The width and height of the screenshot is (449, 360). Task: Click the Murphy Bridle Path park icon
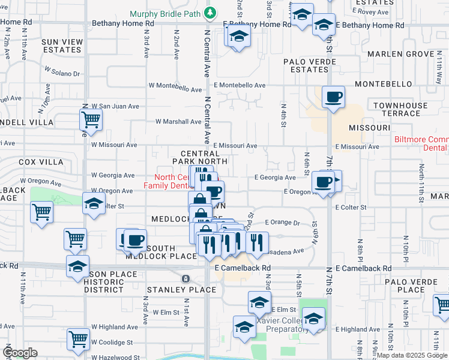(210, 12)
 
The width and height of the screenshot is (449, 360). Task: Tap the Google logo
(20, 353)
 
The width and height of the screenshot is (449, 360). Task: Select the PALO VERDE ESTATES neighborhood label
(310, 65)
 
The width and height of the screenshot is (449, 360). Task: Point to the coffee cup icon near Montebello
(333, 97)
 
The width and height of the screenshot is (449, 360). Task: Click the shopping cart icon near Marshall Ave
(91, 119)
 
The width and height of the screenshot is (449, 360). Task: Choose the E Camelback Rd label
(243, 268)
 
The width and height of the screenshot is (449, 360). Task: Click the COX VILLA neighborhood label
(41, 162)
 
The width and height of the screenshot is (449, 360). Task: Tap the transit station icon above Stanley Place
(185, 279)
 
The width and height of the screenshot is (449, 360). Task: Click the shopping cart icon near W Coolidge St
(78, 339)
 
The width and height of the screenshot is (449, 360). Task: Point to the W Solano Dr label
(62, 71)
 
